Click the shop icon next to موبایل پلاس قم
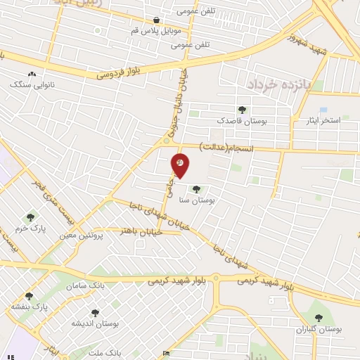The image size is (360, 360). click(x=156, y=21)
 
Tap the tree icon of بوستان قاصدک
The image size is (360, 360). click(x=243, y=110)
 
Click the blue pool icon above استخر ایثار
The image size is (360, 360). click(x=323, y=110)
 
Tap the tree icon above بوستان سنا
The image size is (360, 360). click(x=196, y=188)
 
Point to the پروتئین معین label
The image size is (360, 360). click(x=89, y=235)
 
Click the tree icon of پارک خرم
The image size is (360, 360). click(x=30, y=217)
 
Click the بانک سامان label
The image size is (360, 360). click(x=86, y=287)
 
